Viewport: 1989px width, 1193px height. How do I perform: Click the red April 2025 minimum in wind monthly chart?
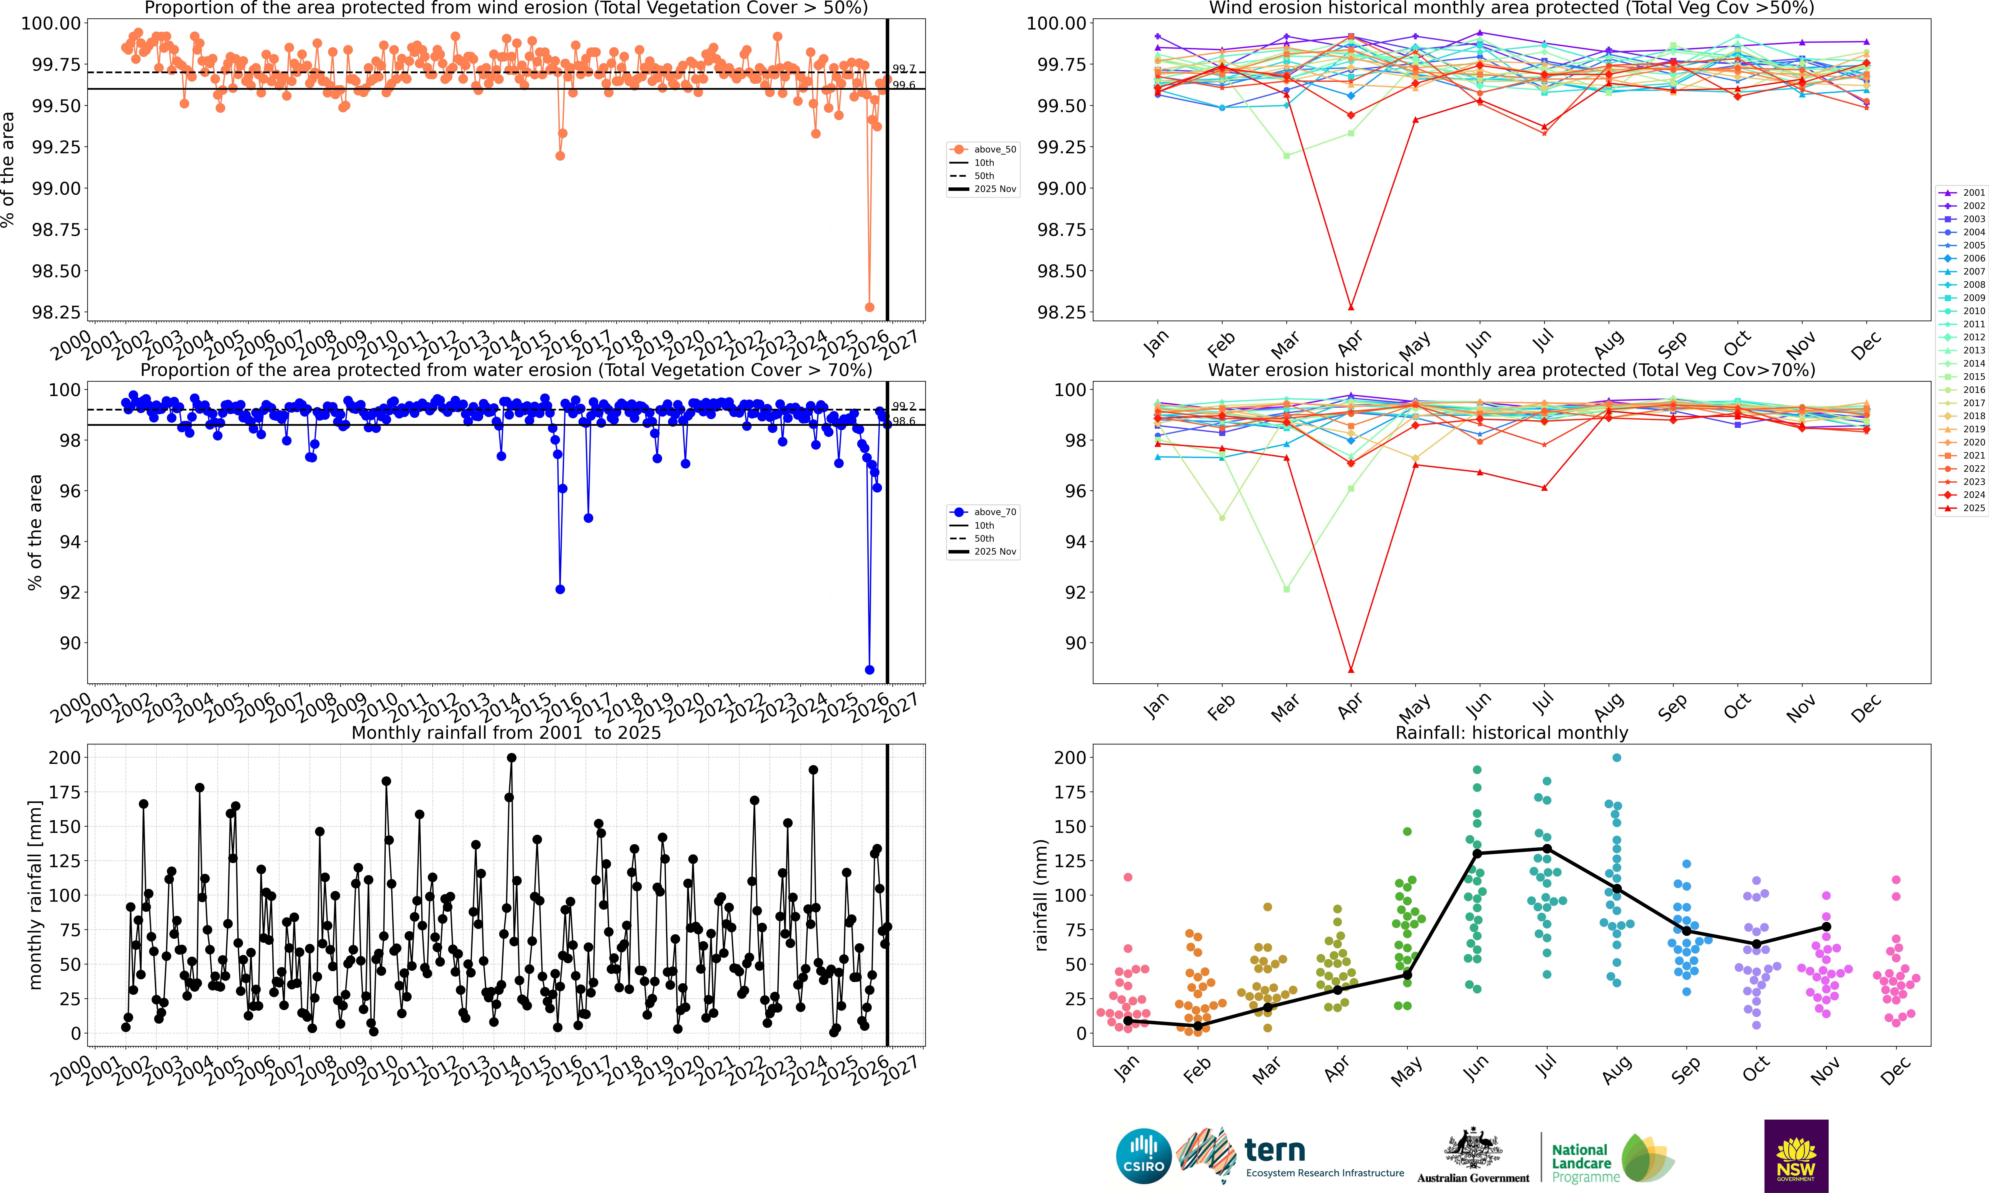1351,307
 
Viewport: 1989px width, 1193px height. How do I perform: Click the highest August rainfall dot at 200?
1617,757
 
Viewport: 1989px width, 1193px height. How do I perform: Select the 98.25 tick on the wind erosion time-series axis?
56,313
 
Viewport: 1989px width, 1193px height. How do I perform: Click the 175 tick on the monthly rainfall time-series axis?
64,792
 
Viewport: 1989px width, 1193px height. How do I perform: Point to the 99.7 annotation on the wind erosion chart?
903,69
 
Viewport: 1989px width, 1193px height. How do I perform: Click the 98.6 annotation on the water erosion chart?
903,421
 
